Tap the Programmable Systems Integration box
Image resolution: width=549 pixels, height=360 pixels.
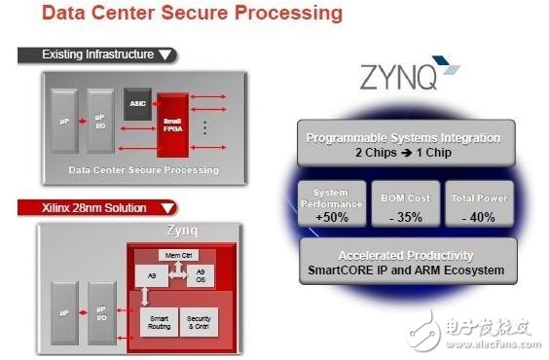pyautogui.click(x=404, y=144)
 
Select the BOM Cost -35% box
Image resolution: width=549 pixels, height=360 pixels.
pyautogui.click(x=404, y=204)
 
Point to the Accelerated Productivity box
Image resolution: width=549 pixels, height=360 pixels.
pyautogui.click(x=404, y=261)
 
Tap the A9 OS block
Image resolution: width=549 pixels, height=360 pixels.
pyautogui.click(x=201, y=275)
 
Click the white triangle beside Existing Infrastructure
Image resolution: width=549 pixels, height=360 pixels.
pyautogui.click(x=165, y=54)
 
